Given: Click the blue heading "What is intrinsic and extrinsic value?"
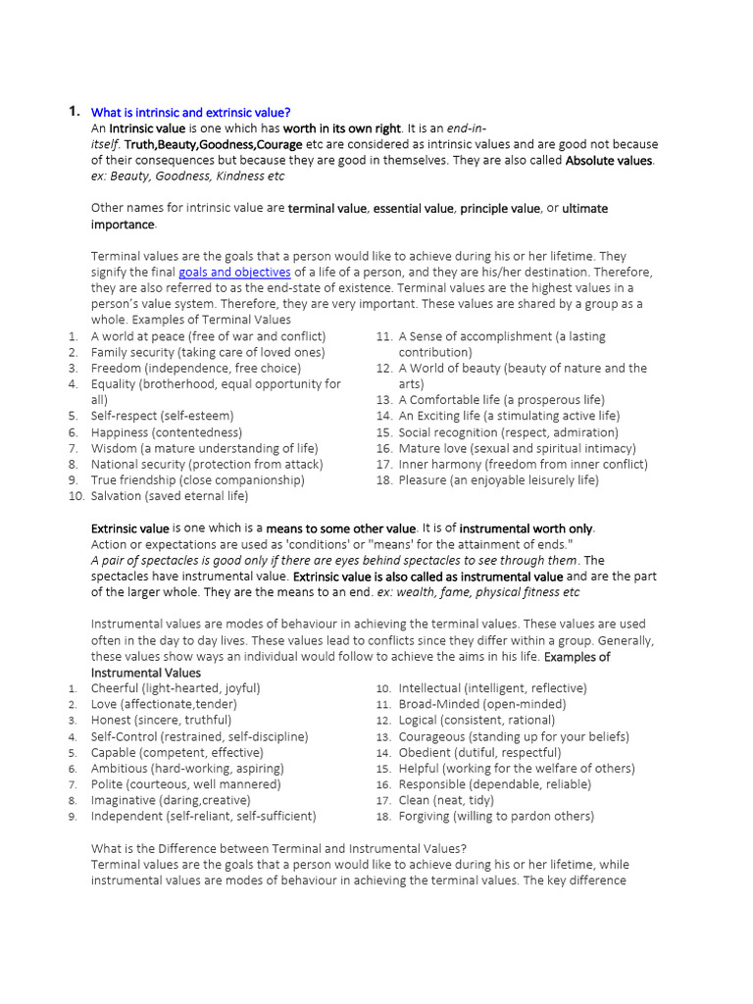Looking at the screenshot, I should tap(190, 113).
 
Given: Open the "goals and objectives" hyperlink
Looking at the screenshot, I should tap(234, 272).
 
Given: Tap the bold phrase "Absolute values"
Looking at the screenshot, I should tap(608, 160).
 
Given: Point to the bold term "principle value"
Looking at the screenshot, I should tap(500, 208).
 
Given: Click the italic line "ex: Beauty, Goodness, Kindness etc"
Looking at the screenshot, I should tap(187, 176).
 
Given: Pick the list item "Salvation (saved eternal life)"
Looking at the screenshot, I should tap(170, 496).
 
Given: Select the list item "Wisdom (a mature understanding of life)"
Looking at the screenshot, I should tap(204, 448).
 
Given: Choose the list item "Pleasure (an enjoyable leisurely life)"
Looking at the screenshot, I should tap(498, 480).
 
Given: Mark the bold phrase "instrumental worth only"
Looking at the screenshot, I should tap(527, 528).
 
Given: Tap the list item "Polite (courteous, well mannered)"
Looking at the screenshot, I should tap(185, 784).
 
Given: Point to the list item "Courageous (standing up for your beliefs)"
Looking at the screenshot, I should tap(514, 736).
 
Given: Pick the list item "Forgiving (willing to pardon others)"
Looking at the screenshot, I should tap(496, 816).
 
